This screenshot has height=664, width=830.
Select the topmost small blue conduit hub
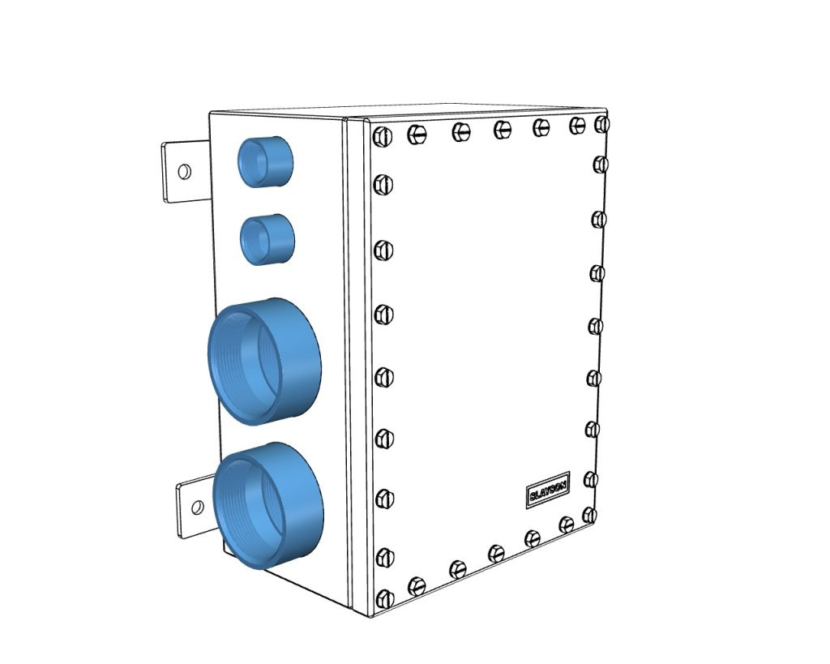coord(264,161)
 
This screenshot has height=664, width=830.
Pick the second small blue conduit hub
coord(267,238)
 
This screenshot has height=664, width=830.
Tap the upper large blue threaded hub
coord(263,359)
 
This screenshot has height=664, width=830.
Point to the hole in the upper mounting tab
coord(184,172)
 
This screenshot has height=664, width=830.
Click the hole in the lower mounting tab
coord(196,508)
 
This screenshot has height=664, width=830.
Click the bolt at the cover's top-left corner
coord(379,136)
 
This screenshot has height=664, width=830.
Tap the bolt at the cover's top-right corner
coord(601,125)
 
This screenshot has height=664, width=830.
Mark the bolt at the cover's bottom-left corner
coord(385,598)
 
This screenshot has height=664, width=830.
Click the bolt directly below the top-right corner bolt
coord(601,164)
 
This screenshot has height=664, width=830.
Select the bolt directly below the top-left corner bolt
coord(382,186)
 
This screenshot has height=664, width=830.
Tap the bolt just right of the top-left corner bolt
coord(417,133)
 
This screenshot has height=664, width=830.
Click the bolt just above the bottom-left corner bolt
coord(385,556)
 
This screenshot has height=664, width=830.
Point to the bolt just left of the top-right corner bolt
coord(577,125)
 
